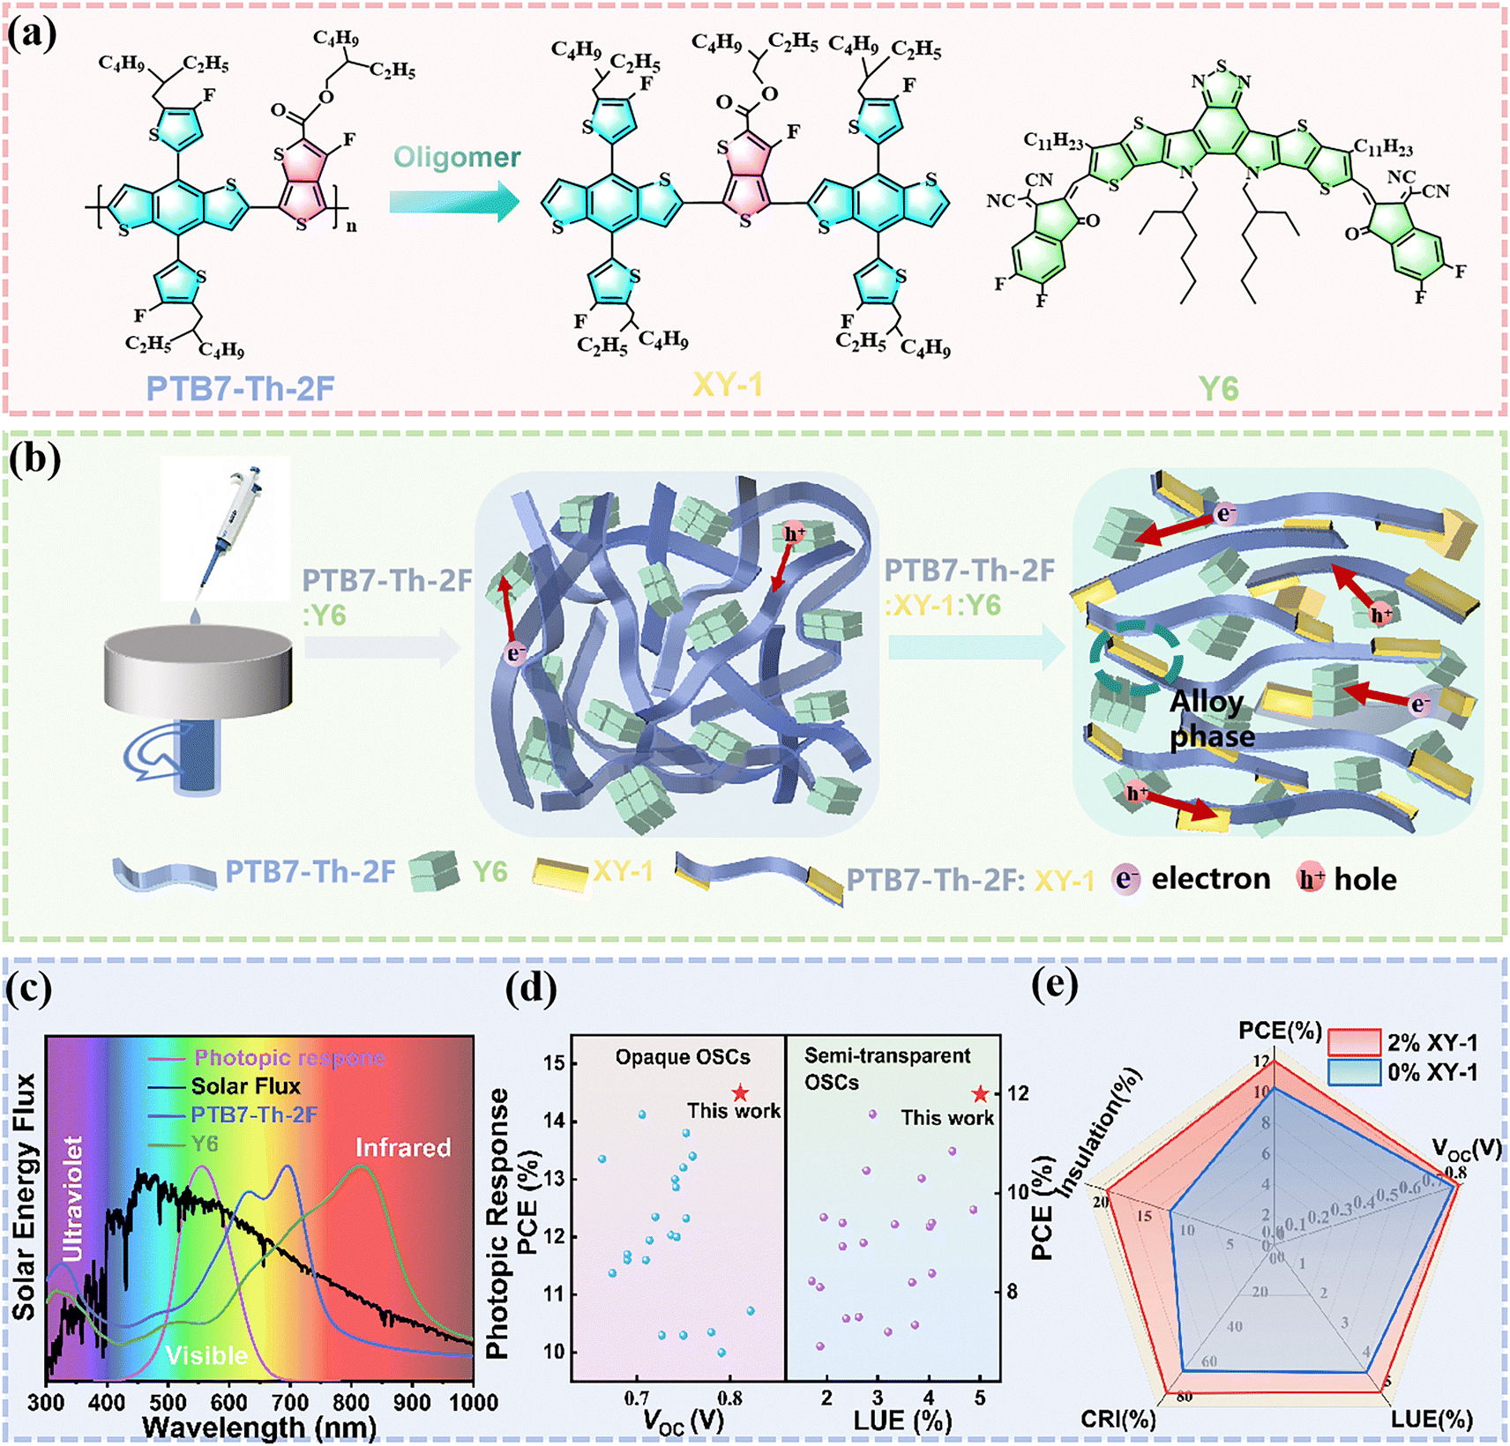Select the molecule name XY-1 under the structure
(x=727, y=385)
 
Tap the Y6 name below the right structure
(x=1218, y=388)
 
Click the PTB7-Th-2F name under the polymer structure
(x=240, y=389)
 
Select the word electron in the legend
(x=1210, y=878)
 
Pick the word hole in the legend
(x=1364, y=879)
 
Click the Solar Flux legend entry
(x=245, y=1086)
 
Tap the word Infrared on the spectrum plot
(x=402, y=1147)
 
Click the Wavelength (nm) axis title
(x=258, y=1427)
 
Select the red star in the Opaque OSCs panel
(x=740, y=1094)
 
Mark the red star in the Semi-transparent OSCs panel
(x=980, y=1095)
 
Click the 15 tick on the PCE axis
(x=553, y=1062)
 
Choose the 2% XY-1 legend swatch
(x=1354, y=1042)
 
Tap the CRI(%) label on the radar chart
(x=1118, y=1419)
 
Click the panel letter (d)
(x=531, y=988)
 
